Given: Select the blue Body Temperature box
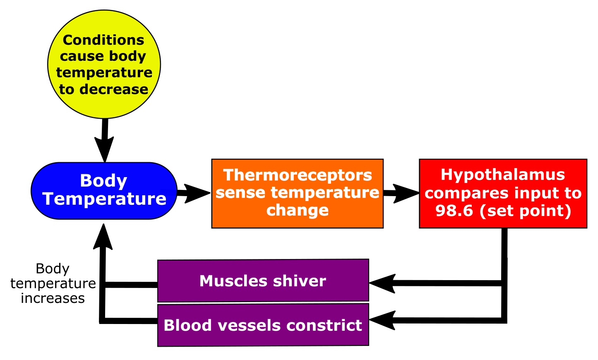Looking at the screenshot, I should (x=104, y=190).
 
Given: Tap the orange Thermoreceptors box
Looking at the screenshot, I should (x=297, y=193).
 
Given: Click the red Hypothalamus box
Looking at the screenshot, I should (x=503, y=193).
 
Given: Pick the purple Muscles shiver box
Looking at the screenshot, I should (x=263, y=281).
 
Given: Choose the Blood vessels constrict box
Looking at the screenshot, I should (x=263, y=325).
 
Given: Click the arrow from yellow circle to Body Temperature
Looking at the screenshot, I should (x=104, y=141).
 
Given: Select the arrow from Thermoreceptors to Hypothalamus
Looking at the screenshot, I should (x=401, y=193).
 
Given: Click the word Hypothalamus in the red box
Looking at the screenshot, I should (x=503, y=175).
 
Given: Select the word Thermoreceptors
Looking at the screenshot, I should (x=298, y=175).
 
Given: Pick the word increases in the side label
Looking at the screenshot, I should (x=53, y=298).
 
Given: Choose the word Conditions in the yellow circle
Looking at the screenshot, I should (x=103, y=40).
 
